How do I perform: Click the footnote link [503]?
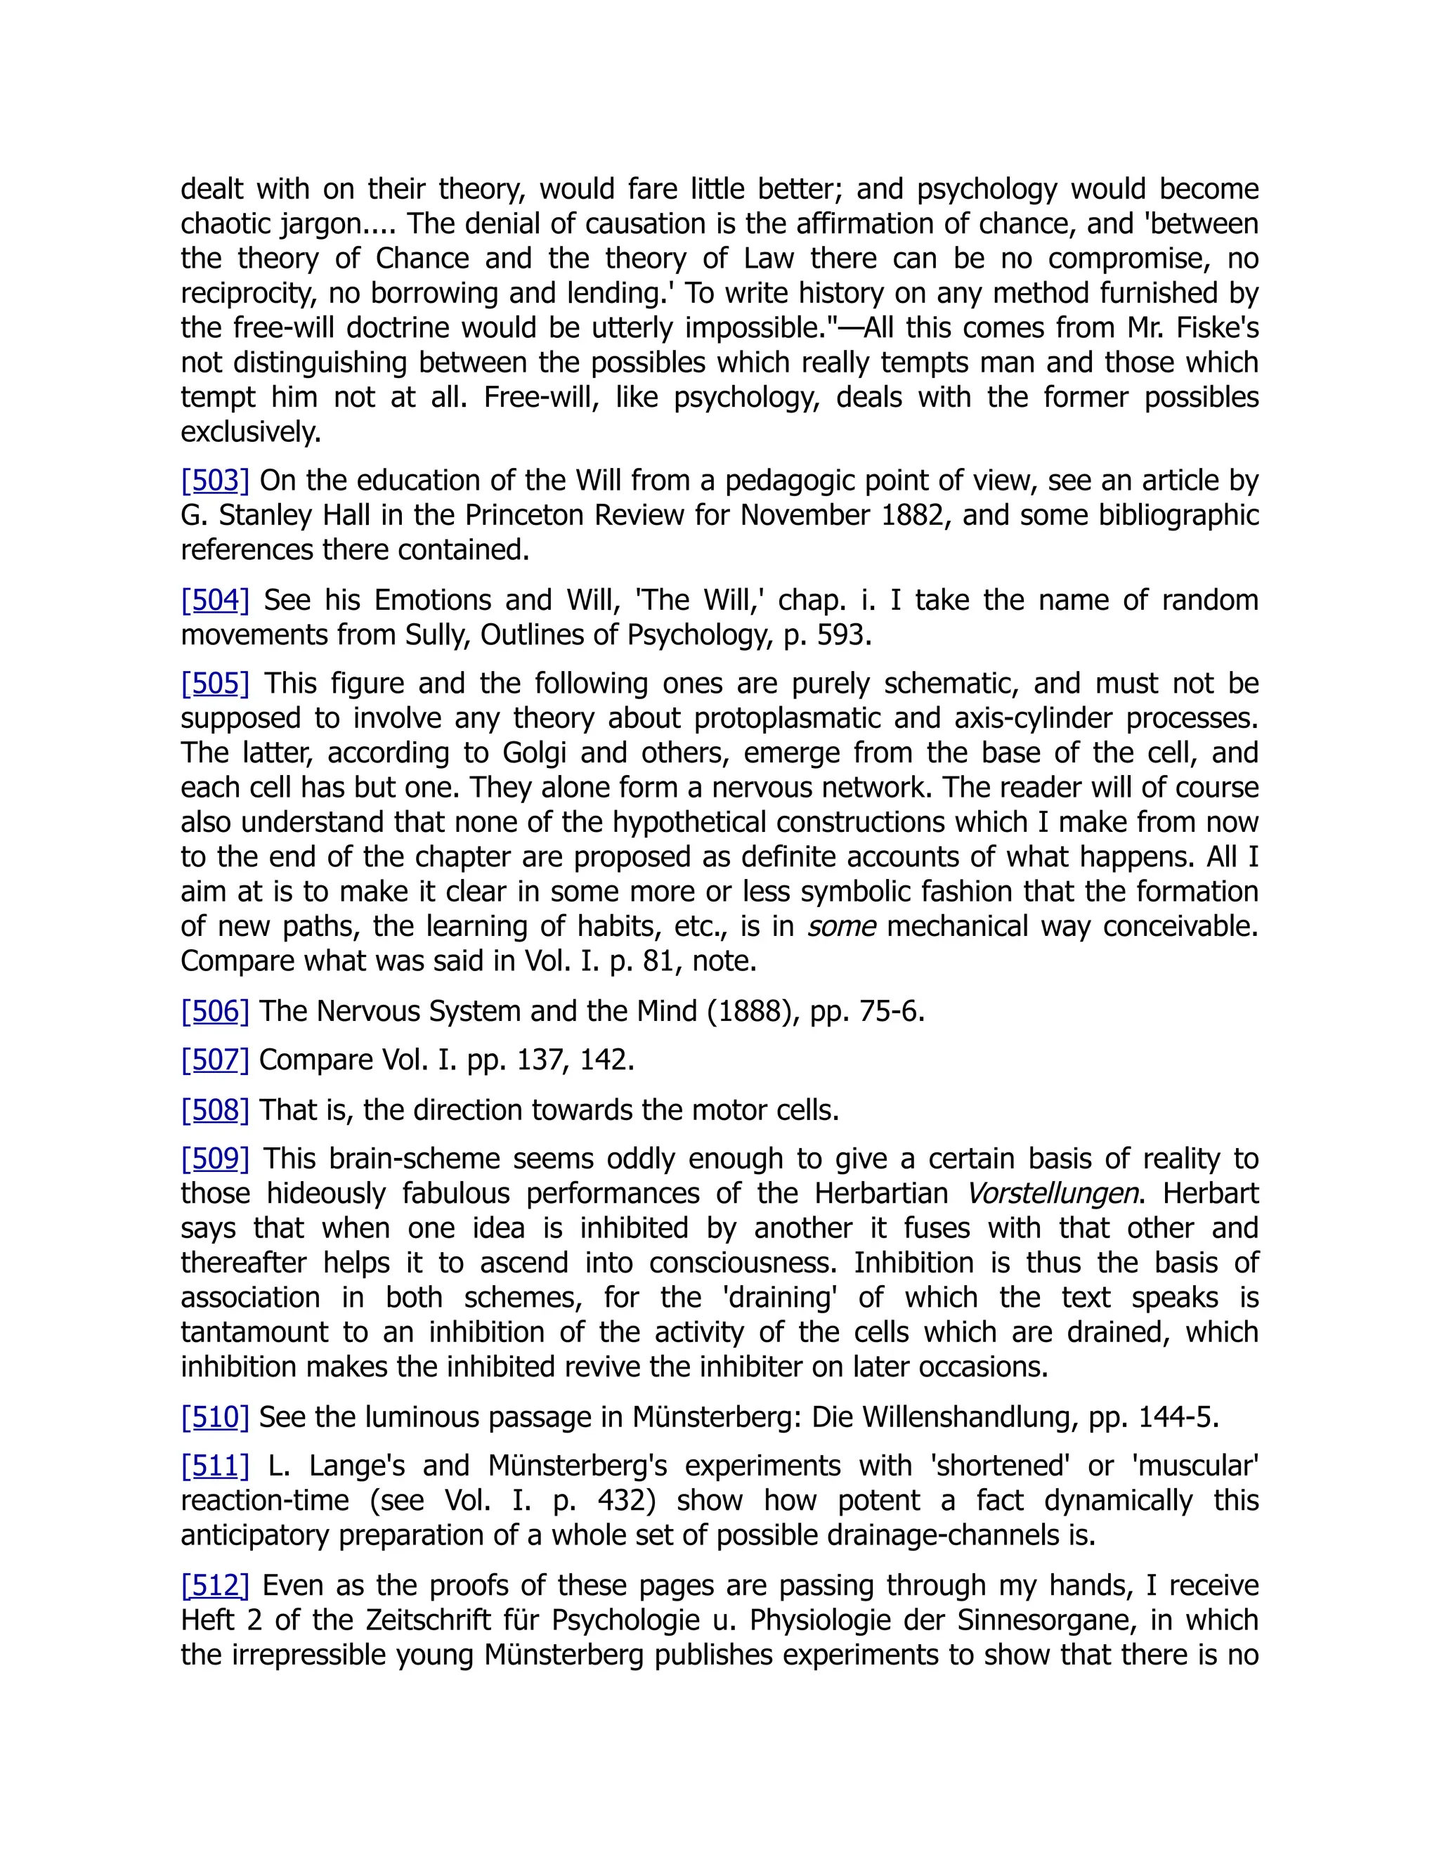click(x=215, y=481)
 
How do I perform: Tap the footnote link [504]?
click(x=215, y=600)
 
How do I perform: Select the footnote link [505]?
click(x=215, y=684)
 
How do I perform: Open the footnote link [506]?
click(x=215, y=1011)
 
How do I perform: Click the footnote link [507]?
click(x=215, y=1060)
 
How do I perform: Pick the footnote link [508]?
click(x=215, y=1110)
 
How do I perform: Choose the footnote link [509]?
click(x=215, y=1159)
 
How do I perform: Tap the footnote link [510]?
click(x=215, y=1417)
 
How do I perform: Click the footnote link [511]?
click(x=215, y=1466)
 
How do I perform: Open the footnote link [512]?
click(x=215, y=1586)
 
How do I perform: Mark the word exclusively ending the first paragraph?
click(x=251, y=432)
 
